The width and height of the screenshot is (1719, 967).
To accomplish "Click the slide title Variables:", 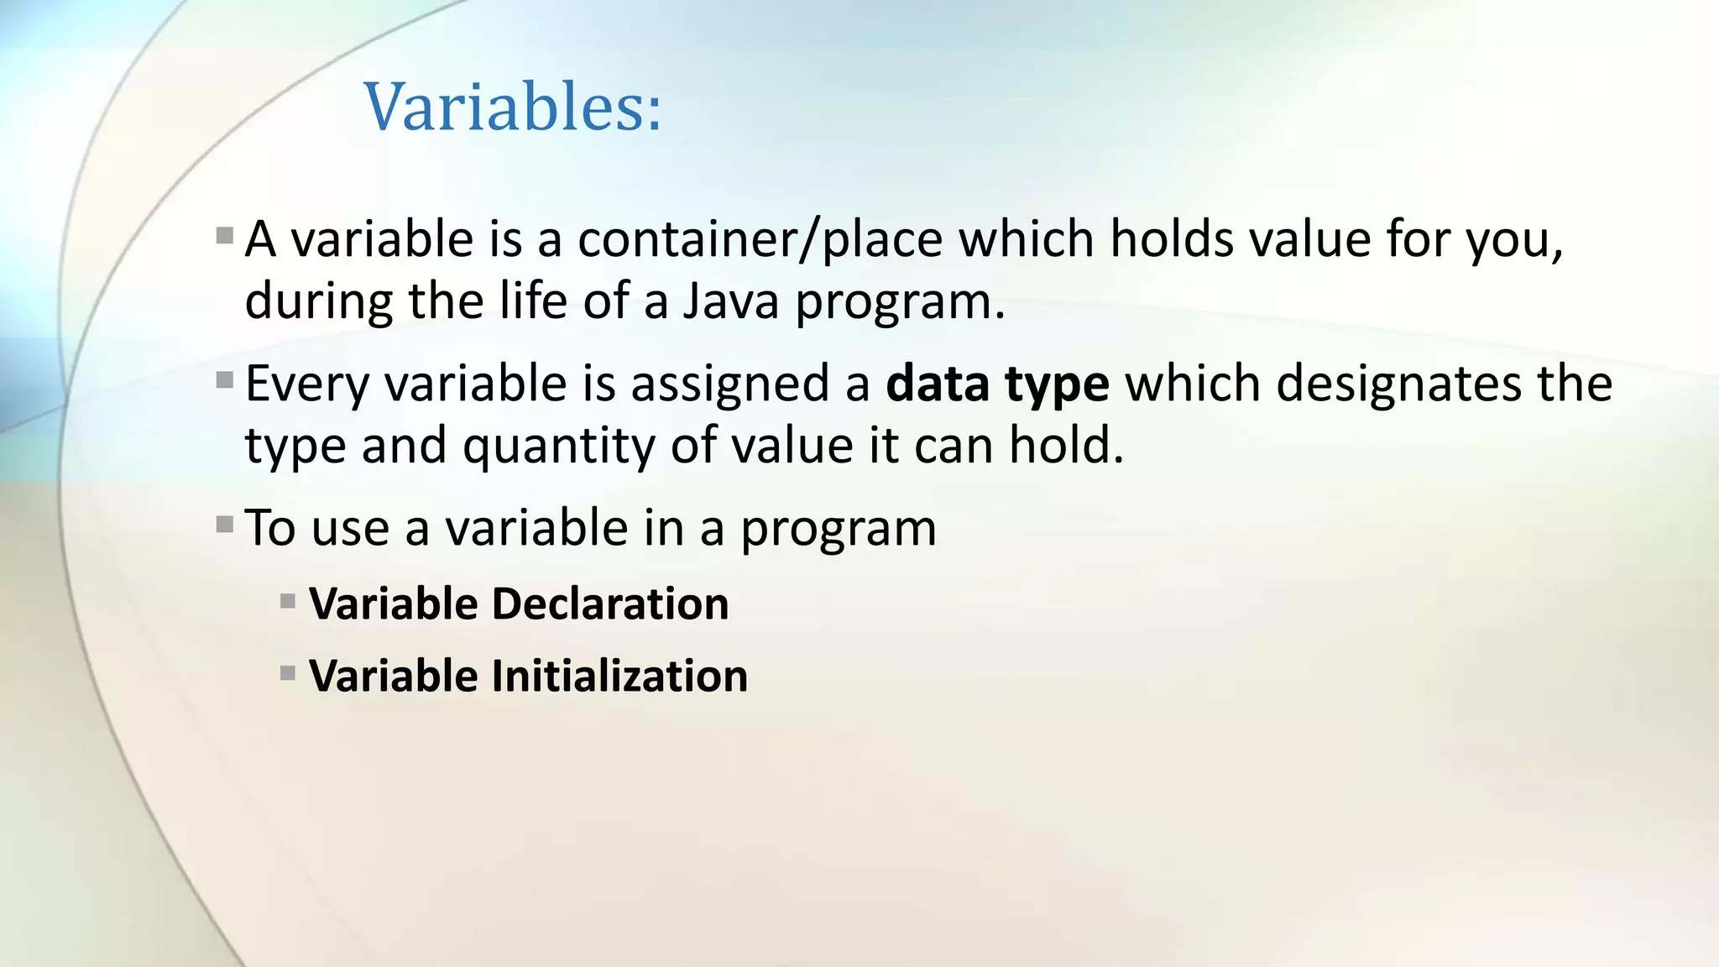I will pos(513,107).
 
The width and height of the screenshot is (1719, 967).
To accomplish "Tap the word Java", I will pos(730,301).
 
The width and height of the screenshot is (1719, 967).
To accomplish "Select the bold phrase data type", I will pos(997,384).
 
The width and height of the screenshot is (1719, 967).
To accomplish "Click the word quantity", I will pos(558,446).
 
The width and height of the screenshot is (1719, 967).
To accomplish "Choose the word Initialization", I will pos(619,676).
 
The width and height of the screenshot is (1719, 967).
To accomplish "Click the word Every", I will pos(306,384).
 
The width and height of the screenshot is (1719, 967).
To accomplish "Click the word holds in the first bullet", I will pos(1172,239).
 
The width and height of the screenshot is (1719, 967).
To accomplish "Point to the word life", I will pos(533,301).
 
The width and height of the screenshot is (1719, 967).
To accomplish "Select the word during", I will pos(318,301).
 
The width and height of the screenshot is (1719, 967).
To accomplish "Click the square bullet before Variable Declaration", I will pos(288,601).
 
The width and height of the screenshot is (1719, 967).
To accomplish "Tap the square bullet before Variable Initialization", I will pos(288,673).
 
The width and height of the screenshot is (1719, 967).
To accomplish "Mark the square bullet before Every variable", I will pos(224,381).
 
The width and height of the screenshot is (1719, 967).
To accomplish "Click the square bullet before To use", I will pos(224,525).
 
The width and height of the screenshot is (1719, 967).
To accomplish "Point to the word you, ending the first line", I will pos(1514,241).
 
